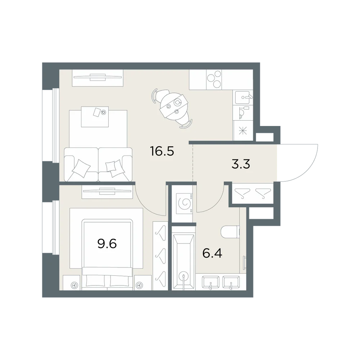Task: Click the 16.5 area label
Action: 162,151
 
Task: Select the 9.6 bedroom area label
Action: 107,244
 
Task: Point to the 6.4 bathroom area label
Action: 212,253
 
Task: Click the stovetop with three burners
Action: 214,80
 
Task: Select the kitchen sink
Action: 243,97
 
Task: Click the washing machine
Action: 184,203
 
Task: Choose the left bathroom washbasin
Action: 211,282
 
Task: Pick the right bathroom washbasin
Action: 231,282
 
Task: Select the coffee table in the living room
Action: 95,116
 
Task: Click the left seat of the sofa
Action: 81,164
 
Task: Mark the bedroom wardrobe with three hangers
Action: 161,256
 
